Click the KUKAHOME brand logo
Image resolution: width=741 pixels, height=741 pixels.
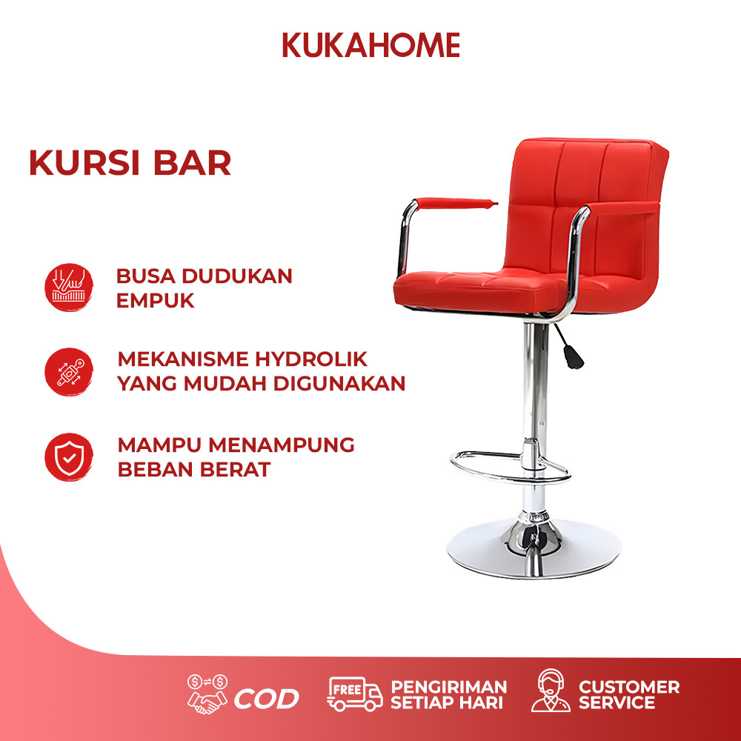(x=371, y=45)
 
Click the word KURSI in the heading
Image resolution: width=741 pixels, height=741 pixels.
(x=84, y=163)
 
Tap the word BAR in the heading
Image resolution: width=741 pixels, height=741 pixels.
(x=193, y=163)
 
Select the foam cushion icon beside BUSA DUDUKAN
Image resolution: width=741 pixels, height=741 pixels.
(x=69, y=288)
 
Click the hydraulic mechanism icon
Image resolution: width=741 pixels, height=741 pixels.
(x=69, y=372)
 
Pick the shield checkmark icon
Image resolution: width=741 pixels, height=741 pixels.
(x=69, y=457)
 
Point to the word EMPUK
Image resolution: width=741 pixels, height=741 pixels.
(x=156, y=301)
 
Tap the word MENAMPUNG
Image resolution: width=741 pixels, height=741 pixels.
(x=282, y=445)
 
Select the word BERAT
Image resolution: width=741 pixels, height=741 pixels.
(x=236, y=470)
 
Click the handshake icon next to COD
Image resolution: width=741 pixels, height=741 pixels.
(x=207, y=694)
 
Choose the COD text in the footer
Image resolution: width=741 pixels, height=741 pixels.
(x=267, y=699)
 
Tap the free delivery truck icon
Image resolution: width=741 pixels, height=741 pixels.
(x=355, y=694)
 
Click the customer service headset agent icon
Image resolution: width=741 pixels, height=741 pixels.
(x=551, y=691)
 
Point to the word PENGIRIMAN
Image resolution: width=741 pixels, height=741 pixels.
(x=449, y=687)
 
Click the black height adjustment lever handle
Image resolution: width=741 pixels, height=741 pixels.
(x=573, y=357)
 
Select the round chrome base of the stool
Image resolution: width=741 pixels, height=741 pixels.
(x=534, y=551)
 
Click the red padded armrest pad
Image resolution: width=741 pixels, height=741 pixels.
(x=456, y=204)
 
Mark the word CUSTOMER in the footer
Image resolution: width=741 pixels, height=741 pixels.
(x=629, y=687)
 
